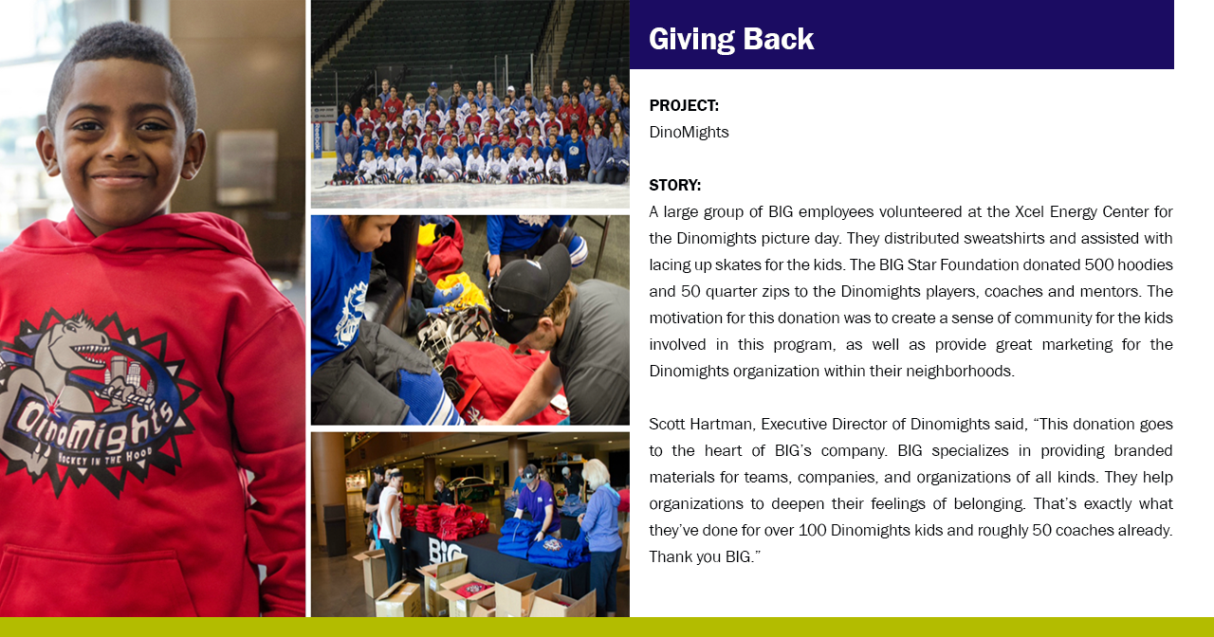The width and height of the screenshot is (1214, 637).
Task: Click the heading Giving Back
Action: coord(731,39)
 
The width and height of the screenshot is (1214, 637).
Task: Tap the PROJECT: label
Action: coord(684,105)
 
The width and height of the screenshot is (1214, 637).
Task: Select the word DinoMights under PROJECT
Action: coord(689,132)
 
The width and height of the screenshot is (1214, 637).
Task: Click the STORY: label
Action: coord(674,185)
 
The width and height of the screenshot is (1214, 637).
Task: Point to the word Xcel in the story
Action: coord(1029,211)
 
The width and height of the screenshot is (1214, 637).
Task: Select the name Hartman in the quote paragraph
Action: coord(720,424)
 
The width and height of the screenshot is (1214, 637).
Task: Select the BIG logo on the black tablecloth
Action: coord(445,550)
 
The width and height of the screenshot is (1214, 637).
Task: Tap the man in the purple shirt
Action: coord(536,501)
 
